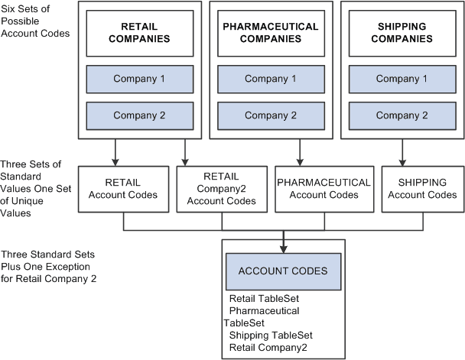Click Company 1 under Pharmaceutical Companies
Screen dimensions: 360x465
click(x=270, y=79)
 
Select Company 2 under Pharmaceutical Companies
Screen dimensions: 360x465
click(x=270, y=115)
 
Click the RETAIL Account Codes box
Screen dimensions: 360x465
click(x=123, y=188)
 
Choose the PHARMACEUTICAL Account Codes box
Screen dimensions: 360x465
click(x=324, y=188)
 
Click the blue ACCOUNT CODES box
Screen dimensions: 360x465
click(x=284, y=271)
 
